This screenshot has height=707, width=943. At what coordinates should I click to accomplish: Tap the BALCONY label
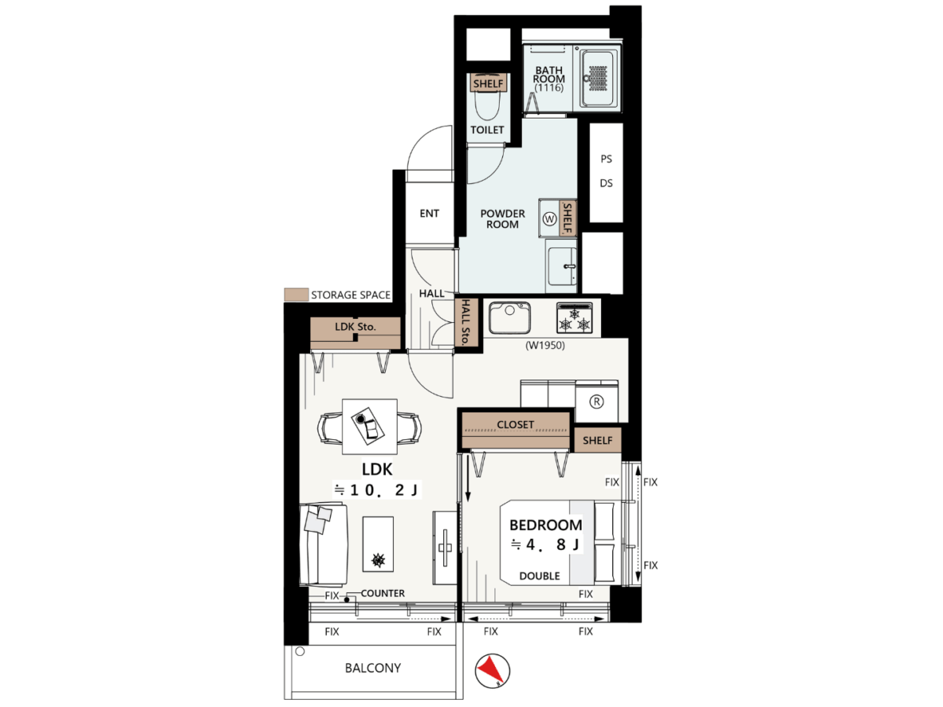pos(372,668)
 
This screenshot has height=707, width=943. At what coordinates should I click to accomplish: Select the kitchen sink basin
pos(509,317)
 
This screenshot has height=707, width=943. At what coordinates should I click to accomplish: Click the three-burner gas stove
pos(574,317)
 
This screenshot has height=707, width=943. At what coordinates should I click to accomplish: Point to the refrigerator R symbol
pos(596,401)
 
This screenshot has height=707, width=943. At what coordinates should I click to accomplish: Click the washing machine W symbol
pos(549,219)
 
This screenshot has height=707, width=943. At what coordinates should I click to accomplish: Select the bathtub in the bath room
pos(597,78)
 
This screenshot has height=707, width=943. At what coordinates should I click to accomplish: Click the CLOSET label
pos(516,424)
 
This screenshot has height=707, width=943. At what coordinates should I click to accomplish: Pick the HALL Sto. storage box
pos(467,322)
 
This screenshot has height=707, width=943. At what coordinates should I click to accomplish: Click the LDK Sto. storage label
pos(355,327)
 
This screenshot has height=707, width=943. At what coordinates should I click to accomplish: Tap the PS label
pos(606,159)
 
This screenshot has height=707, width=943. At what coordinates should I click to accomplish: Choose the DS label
pos(606,183)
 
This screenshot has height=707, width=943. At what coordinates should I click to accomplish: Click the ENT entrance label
pos(429,214)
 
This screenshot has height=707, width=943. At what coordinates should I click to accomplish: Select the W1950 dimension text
pos(545,345)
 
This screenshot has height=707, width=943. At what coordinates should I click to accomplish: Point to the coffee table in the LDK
pos(378,544)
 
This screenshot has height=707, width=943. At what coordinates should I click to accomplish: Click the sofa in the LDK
pos(324,544)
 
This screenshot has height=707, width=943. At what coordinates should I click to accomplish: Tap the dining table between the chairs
pos(369,427)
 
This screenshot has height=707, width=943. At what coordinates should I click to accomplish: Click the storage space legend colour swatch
pos(296,295)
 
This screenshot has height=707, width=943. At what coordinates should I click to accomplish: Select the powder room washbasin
pos(562,266)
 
